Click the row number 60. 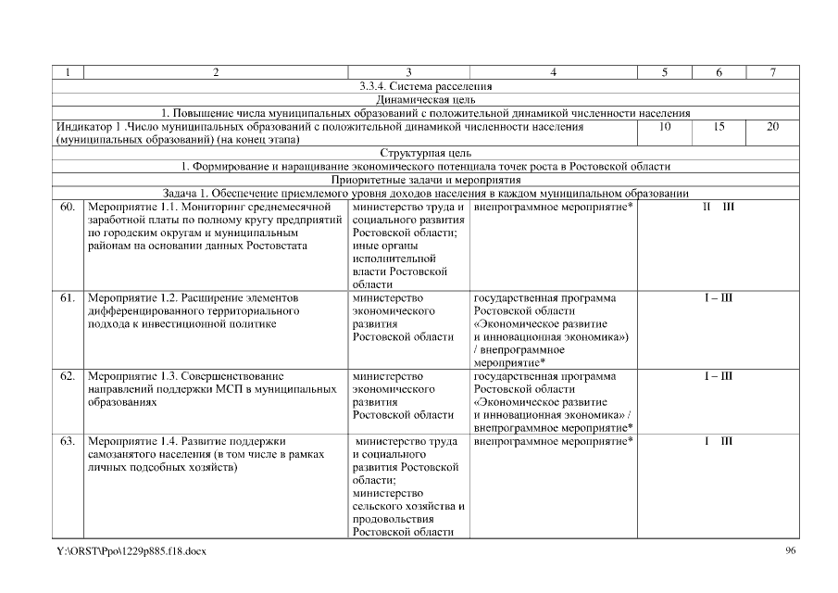[67, 207]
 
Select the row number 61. [67, 298]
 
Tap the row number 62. [67, 377]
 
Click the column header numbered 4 [553, 72]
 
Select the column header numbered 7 [772, 72]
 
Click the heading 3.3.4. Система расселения [426, 86]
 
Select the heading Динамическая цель [426, 99]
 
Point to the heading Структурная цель [426, 153]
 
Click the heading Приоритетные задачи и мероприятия [426, 180]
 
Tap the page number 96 [790, 551]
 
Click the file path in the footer [131, 552]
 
